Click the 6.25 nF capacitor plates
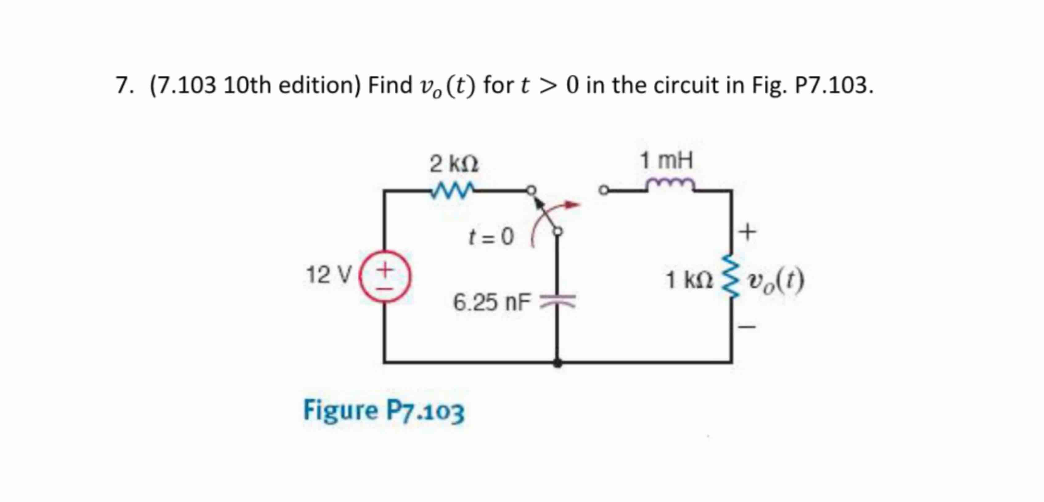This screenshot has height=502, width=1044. pos(558,301)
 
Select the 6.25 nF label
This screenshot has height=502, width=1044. pos(491,302)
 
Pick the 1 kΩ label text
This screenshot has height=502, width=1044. pos(689,280)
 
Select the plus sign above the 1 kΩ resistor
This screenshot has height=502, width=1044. pos(747,232)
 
